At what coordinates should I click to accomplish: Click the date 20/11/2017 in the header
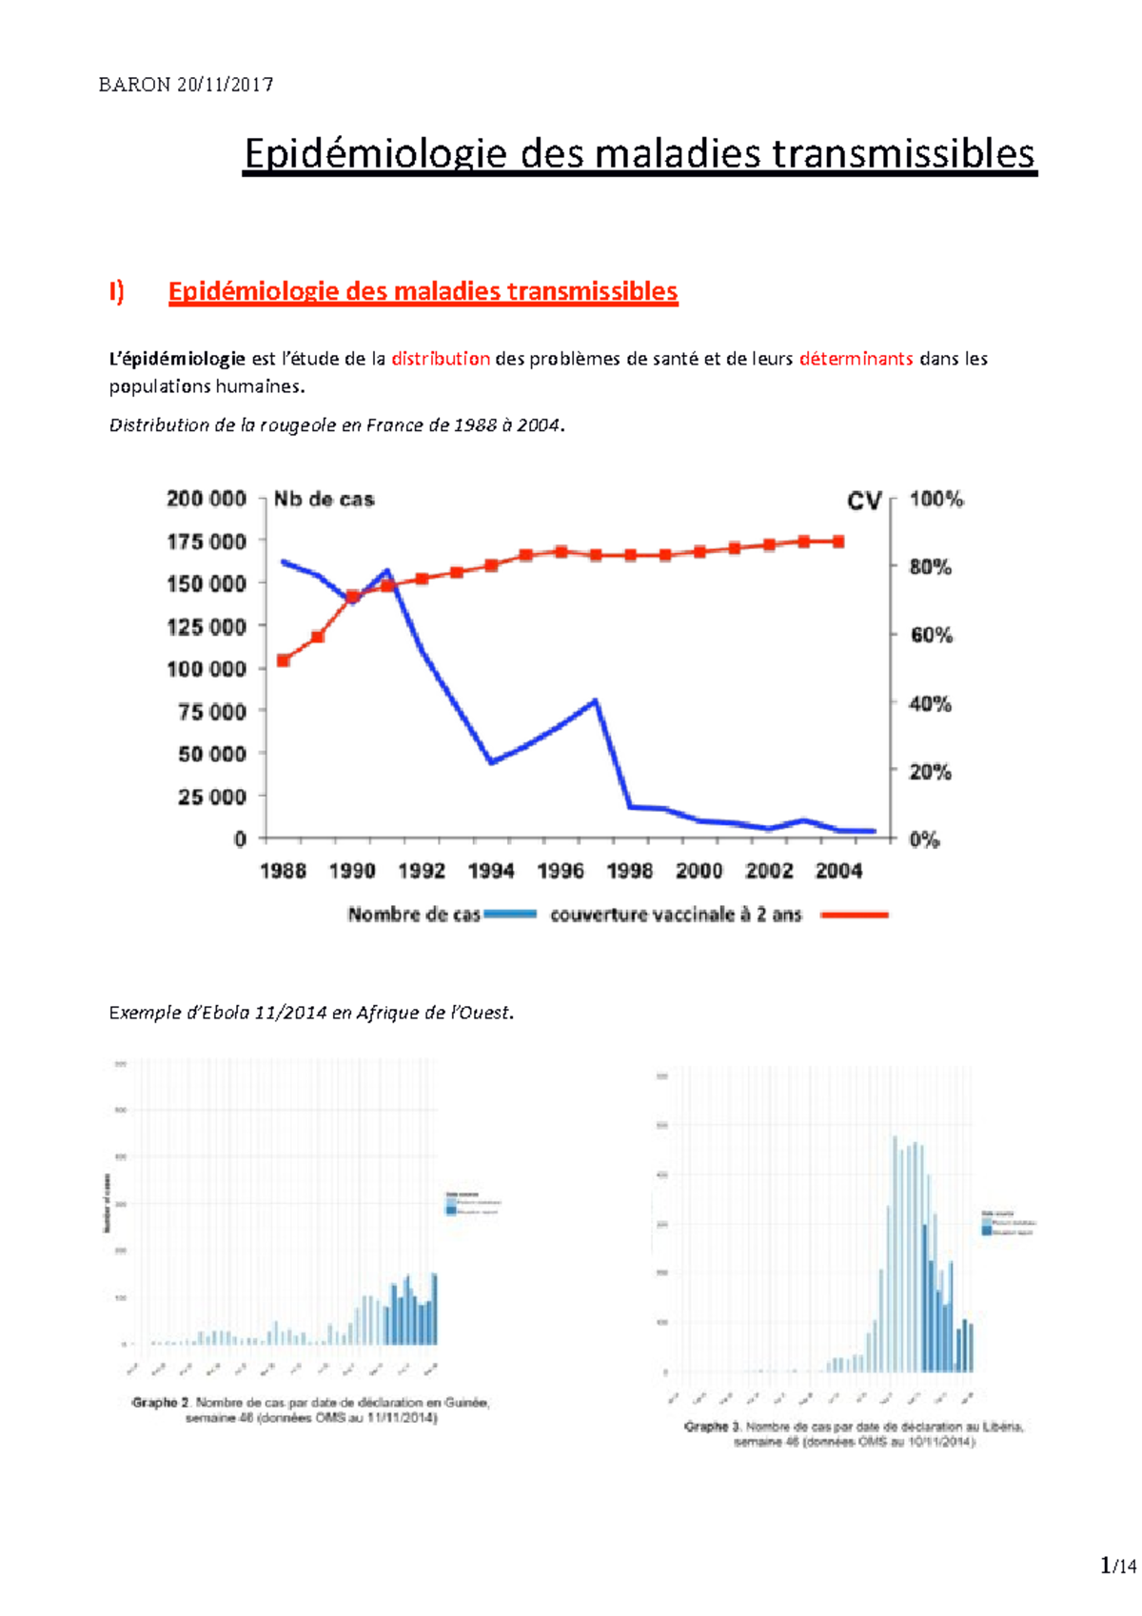coord(225,85)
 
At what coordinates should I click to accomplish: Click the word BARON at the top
coord(134,85)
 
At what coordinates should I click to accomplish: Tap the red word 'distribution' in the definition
coord(441,359)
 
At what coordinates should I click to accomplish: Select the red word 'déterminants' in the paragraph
coord(856,359)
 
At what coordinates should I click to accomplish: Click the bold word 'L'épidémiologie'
coord(177,359)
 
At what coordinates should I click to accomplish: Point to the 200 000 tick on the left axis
coord(207,499)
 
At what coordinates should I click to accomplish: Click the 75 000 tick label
coord(211,712)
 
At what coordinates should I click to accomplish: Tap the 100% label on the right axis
coord(936,499)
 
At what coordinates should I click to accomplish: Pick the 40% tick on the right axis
coord(930,704)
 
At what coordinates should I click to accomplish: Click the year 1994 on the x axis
coord(491,871)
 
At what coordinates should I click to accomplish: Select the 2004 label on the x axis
coord(838,871)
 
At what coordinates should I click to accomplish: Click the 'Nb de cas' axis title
coord(324,499)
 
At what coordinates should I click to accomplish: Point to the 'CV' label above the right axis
coord(864,501)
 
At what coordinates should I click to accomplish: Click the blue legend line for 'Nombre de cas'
coord(510,915)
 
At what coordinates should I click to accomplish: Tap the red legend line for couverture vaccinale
coord(854,915)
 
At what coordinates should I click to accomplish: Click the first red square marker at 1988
coord(283,660)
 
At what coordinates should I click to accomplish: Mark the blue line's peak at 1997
coord(595,701)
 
